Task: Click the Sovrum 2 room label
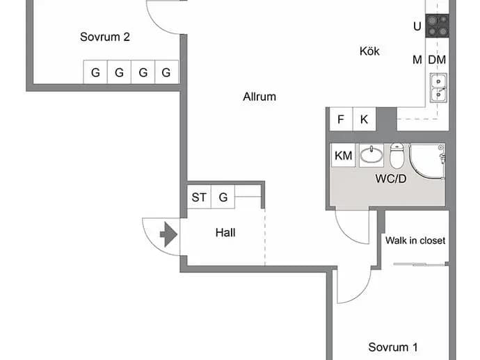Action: tap(105, 37)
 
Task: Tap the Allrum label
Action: tap(259, 97)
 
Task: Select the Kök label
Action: tap(369, 51)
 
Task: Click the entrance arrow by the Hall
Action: tap(168, 234)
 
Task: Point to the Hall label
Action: tap(225, 233)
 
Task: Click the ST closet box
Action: tap(199, 197)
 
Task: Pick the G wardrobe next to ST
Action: tap(223, 197)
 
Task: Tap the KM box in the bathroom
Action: tap(343, 156)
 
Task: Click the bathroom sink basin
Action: tap(371, 155)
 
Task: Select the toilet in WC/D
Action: tap(397, 156)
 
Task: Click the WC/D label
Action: tap(391, 179)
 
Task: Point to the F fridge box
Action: tap(341, 119)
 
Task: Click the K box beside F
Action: tap(365, 119)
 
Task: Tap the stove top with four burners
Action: tap(438, 26)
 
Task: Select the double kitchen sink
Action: tap(438, 88)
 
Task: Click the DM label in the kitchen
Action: tap(437, 60)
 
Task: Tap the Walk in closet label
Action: tap(415, 240)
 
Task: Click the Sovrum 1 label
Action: tap(393, 347)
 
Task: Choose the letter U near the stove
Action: tap(417, 26)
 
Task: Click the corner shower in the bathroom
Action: tap(427, 161)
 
